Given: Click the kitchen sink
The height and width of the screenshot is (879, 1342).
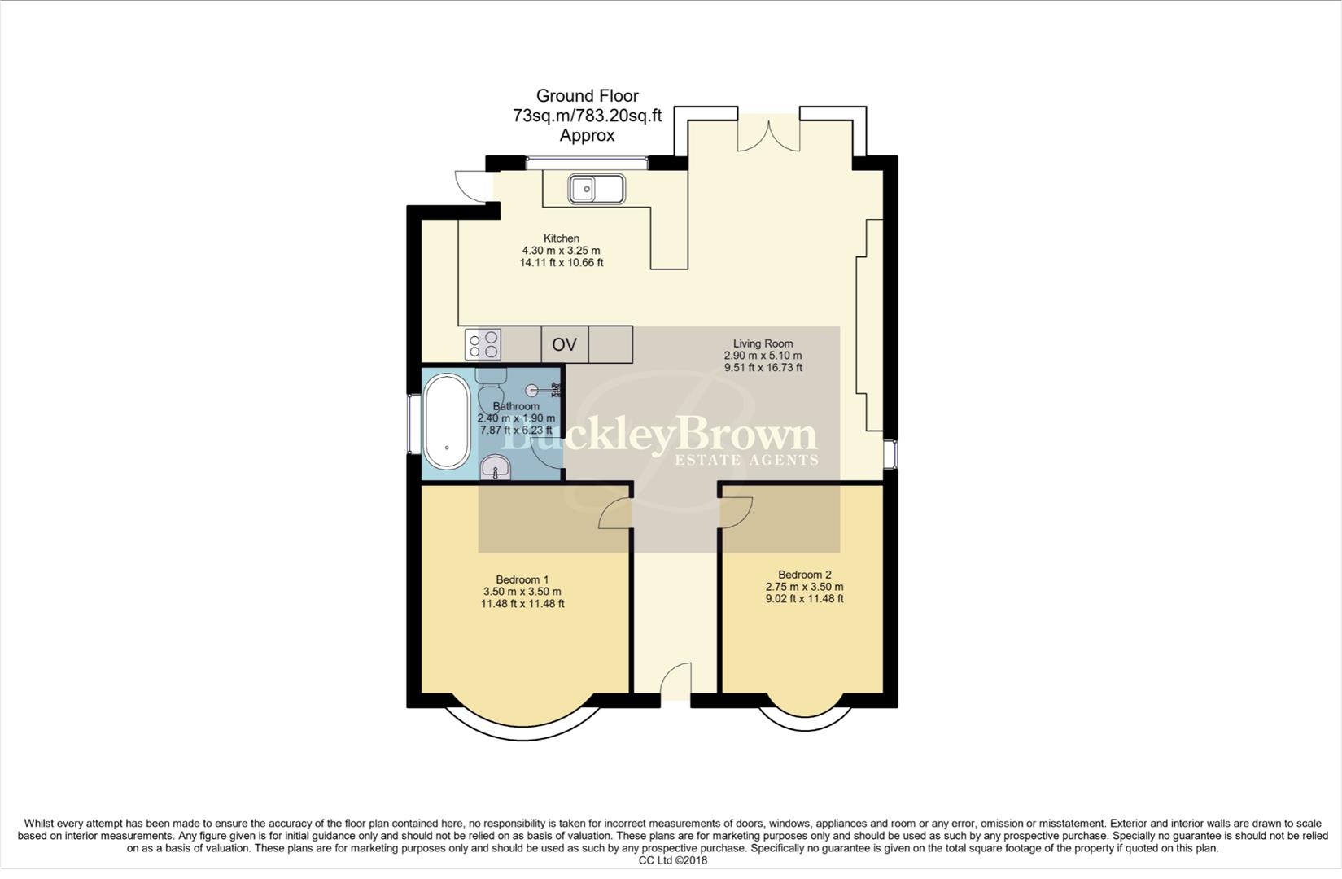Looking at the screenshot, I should coord(597,189).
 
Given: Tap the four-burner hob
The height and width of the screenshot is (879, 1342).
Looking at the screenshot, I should coord(483,344).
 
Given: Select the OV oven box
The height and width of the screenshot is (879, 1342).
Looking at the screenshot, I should coord(564,344).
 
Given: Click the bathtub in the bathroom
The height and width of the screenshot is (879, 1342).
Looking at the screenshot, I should coord(447,422).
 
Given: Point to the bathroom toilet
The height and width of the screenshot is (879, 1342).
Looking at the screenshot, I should coord(491,388).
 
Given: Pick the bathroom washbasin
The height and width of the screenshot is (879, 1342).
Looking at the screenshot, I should coord(495,468).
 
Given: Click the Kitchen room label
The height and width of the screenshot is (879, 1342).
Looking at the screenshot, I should coord(562,238).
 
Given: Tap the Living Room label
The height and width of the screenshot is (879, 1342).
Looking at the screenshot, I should coord(763,343).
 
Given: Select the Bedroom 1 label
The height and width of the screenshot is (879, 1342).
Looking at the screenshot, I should coord(522,579).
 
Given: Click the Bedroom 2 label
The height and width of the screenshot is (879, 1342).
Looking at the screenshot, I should coord(804,574).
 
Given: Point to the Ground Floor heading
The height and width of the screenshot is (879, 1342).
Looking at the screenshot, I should coord(587,96).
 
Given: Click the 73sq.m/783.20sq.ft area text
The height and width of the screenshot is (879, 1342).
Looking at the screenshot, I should coord(587,116).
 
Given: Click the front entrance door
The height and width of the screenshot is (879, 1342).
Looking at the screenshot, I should coord(675,682).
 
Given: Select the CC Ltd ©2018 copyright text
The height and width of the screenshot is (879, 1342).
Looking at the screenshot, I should coord(672,860).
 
